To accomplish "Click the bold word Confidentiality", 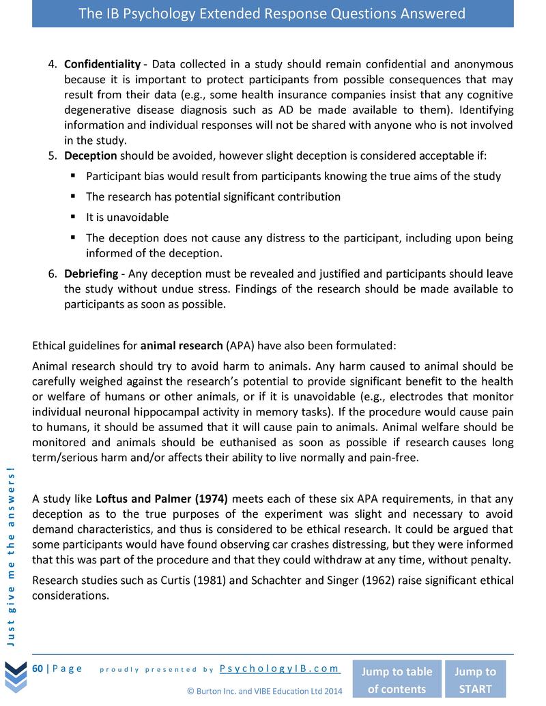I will pos(102,64).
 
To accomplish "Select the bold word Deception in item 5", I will pos(90,156).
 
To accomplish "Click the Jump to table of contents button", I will pos(396,679).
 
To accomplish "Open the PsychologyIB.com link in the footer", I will pos(280,668).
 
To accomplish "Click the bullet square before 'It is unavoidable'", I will pos(72,217).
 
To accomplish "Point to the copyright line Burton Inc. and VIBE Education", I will pos(264,690).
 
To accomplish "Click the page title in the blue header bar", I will pos(272,14).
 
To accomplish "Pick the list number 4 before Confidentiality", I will pos(51,64).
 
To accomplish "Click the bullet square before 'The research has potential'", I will pos(72,196).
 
